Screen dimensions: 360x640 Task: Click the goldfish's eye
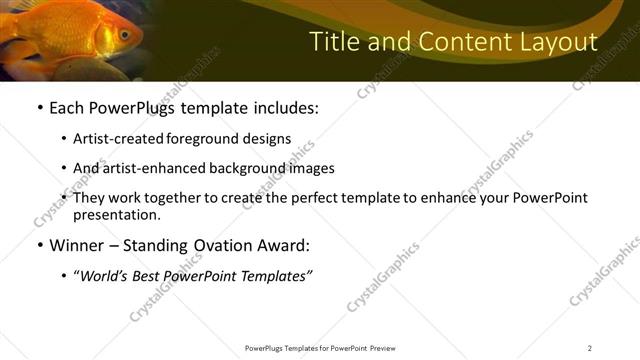pos(124,33)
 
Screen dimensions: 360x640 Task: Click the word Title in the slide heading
pos(331,42)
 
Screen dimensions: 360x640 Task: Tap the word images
pos(311,169)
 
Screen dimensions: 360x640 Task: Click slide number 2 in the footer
pos(590,348)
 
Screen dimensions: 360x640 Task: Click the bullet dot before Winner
pos(39,246)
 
